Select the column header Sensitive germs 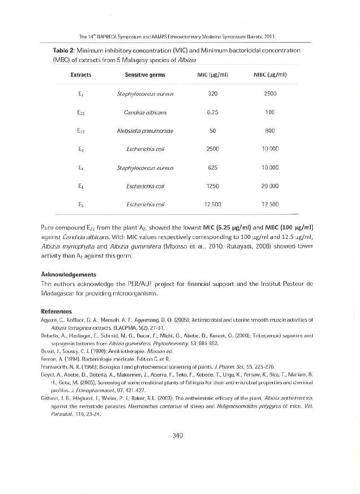coord(145,75)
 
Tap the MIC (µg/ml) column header coord(213,75)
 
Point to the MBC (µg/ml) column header coord(270,75)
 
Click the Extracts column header coord(81,75)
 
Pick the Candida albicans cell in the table coord(145,112)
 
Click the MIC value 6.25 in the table coord(212,112)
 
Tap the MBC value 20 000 coord(270,186)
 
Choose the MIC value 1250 coord(212,186)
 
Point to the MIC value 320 coord(212,94)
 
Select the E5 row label coord(81,204)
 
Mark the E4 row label coord(81,186)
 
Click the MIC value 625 coord(212,168)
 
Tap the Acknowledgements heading coord(69,274)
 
